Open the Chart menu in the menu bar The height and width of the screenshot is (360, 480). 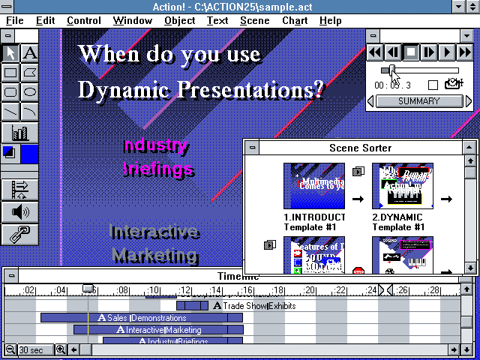pos(294,21)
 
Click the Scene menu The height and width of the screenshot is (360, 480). pos(254,21)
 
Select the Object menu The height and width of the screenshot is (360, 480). pos(179,21)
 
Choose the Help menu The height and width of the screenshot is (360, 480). pos(330,21)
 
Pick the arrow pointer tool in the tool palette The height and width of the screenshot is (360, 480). pos(10,53)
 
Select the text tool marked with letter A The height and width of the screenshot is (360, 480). pos(30,53)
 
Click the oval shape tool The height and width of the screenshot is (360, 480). pos(30,92)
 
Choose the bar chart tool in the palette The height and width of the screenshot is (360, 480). pos(20,133)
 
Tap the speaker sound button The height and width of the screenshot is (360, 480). pos(20,211)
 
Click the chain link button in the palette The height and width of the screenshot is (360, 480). pos(20,234)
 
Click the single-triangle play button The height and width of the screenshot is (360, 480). pos(447,52)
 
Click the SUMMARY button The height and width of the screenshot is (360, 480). pos(418,101)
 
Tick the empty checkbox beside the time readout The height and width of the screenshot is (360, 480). pos(433,85)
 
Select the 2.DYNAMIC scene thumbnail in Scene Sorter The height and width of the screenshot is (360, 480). pos(403,186)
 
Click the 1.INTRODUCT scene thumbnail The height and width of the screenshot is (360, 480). pos(313,186)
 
